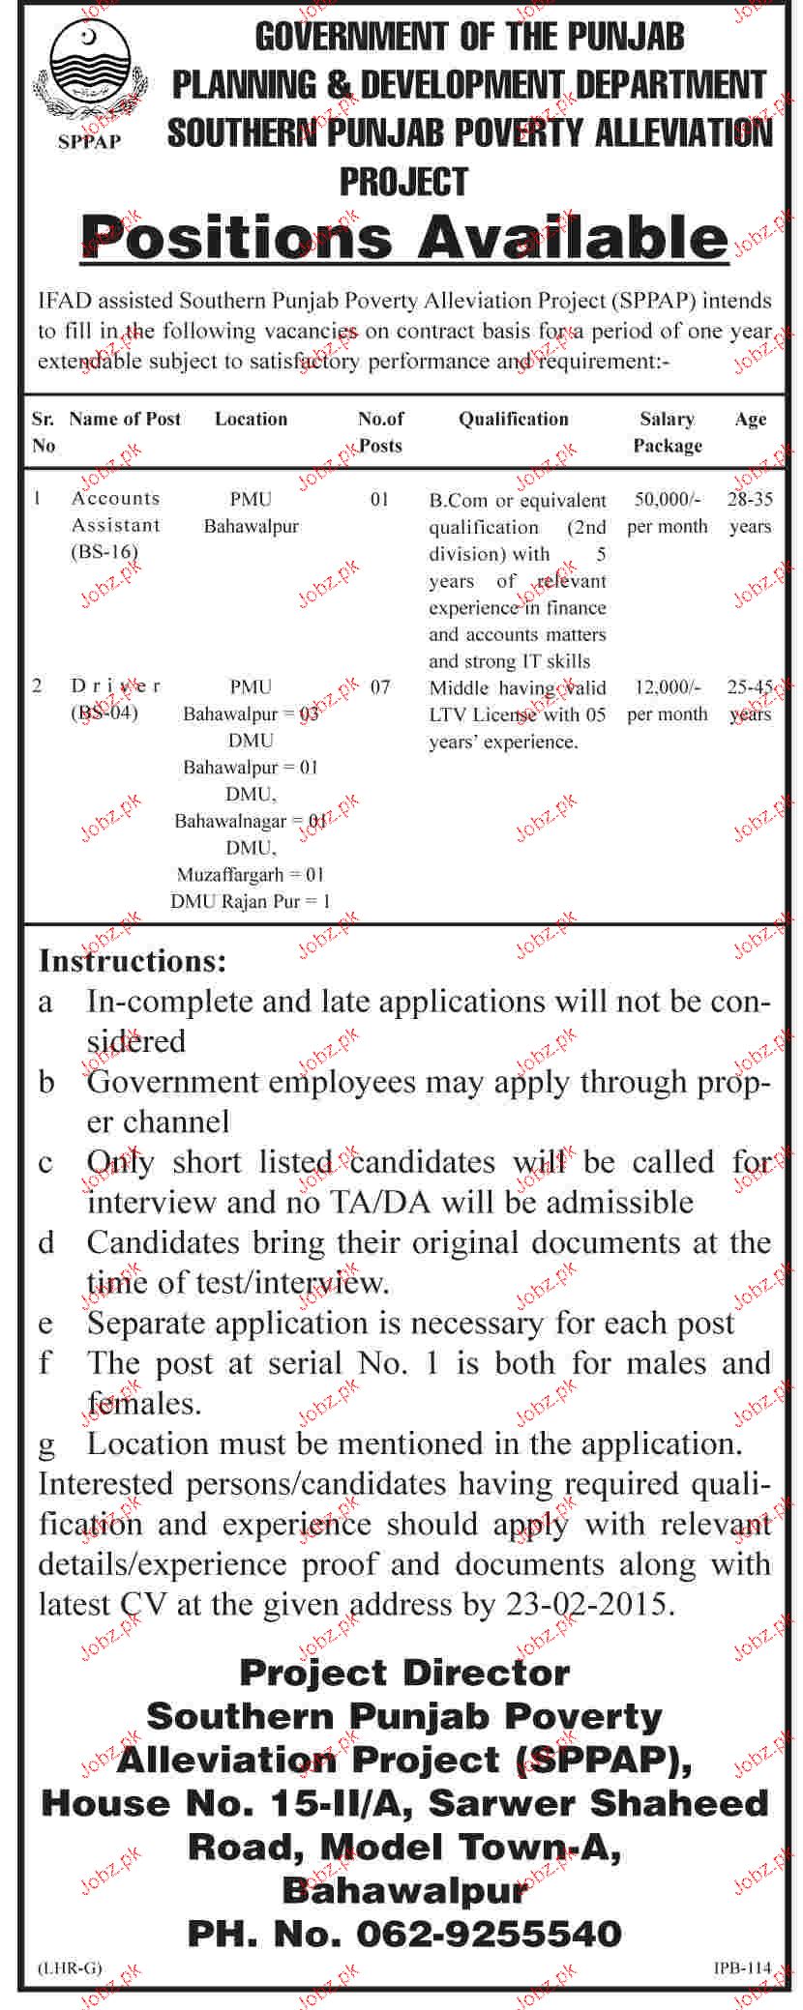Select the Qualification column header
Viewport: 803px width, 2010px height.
(513, 419)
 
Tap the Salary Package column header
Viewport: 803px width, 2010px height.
(667, 432)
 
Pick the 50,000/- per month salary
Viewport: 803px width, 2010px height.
(667, 513)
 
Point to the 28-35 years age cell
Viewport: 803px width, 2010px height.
(750, 513)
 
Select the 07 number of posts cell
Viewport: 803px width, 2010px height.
(380, 687)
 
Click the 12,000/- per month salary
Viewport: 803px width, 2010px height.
(667, 701)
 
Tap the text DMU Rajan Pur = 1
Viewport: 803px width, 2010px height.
(251, 901)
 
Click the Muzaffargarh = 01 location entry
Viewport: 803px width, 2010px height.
(251, 874)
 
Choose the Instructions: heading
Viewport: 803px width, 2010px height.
(133, 961)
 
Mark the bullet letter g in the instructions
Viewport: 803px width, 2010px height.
(46, 1445)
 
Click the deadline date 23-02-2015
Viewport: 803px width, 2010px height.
(586, 1605)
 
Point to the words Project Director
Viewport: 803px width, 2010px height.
(404, 1673)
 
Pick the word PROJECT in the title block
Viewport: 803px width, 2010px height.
(403, 182)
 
